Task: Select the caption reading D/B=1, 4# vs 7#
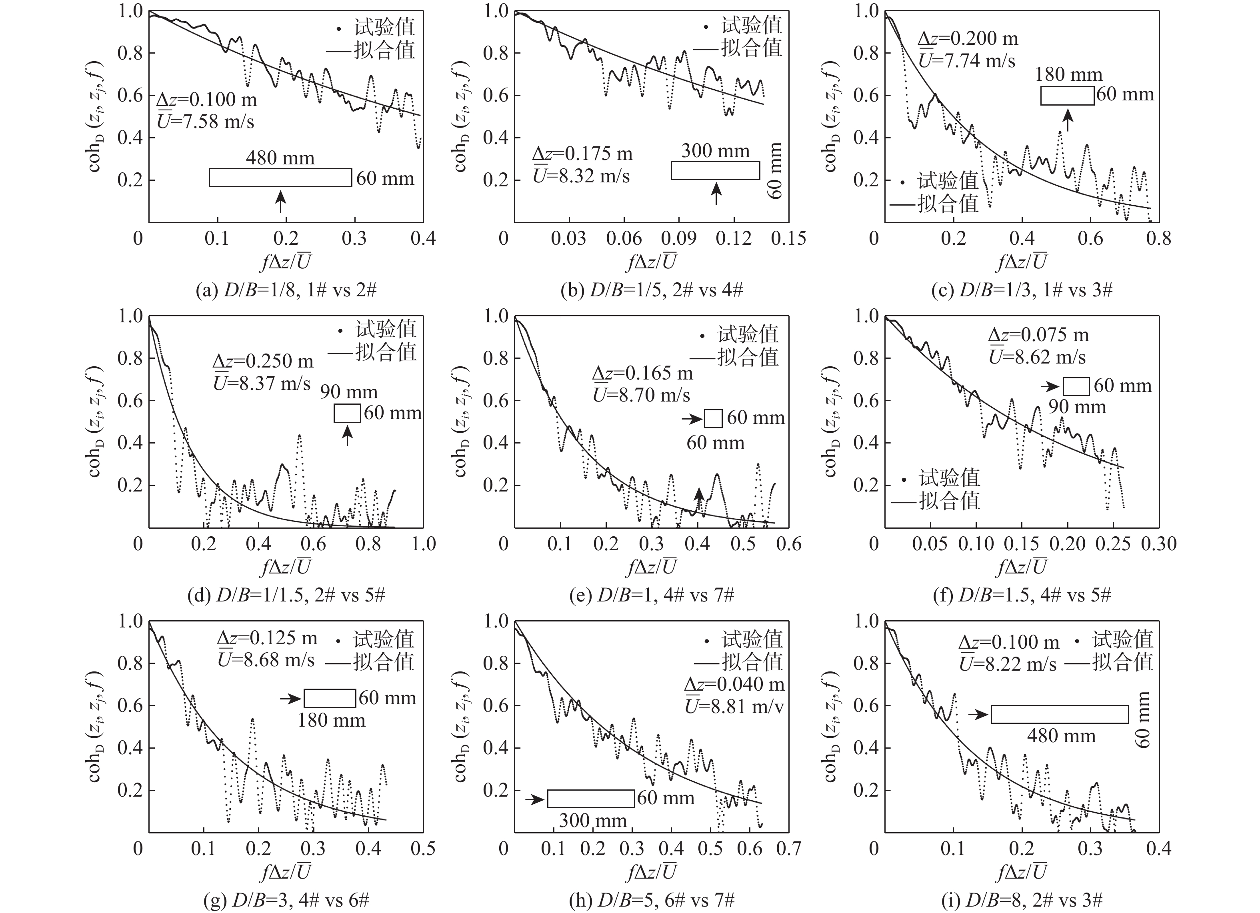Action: pyautogui.click(x=652, y=595)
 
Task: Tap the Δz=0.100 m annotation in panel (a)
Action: pyautogui.click(x=207, y=100)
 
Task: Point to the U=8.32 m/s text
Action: pyautogui.click(x=581, y=176)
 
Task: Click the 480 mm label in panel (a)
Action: pyautogui.click(x=280, y=158)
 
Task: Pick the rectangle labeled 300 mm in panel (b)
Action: pyautogui.click(x=715, y=170)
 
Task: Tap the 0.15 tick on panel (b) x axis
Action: pyautogui.click(x=788, y=239)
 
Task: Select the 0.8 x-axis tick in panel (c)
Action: pyautogui.click(x=1159, y=239)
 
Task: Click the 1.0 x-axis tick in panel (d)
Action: pyautogui.click(x=423, y=544)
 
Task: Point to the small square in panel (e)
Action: pyautogui.click(x=713, y=419)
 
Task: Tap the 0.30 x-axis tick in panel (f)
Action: pyautogui.click(x=1159, y=544)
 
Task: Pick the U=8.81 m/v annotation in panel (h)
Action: pyautogui.click(x=734, y=706)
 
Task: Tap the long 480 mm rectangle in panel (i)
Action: pyautogui.click(x=1060, y=714)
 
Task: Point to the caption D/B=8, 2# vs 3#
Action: pyautogui.click(x=1022, y=900)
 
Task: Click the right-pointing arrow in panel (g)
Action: pyautogui.click(x=290, y=699)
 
